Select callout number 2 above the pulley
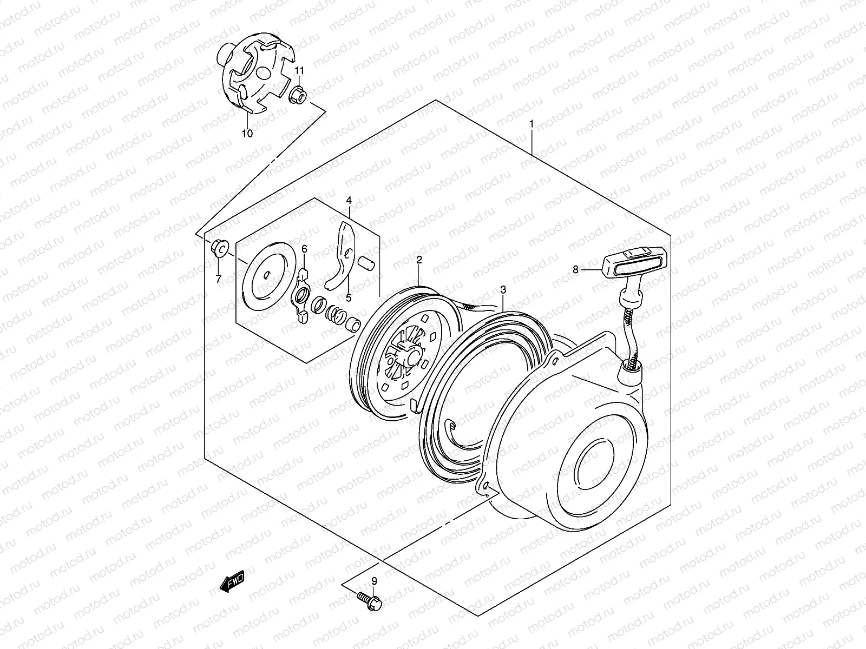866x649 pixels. click(x=419, y=260)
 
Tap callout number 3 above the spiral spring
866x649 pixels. click(x=503, y=290)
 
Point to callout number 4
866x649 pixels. click(x=349, y=201)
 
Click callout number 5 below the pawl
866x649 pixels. click(x=349, y=297)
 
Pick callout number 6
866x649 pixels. click(x=304, y=249)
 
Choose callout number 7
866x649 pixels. click(x=218, y=279)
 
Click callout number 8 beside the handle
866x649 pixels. click(x=575, y=269)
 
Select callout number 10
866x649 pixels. click(x=247, y=134)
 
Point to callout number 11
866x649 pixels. click(x=299, y=71)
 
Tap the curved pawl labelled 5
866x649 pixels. click(x=342, y=257)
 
